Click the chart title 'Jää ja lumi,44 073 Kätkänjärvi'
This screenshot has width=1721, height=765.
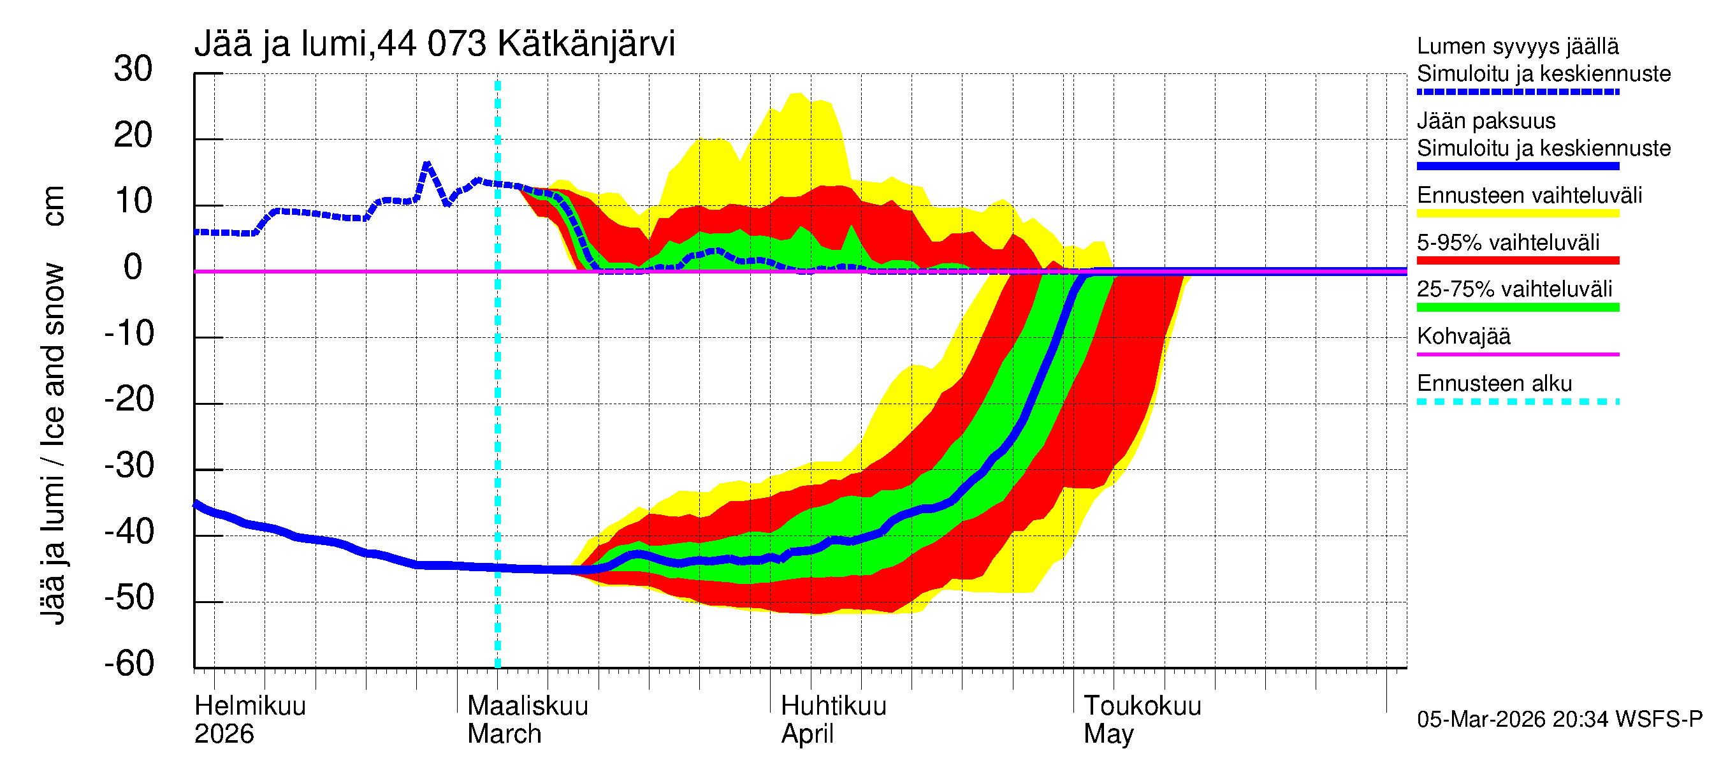click(434, 44)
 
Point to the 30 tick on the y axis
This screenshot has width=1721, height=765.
click(133, 69)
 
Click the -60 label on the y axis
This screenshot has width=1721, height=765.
click(129, 664)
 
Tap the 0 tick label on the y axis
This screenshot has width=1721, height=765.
click(133, 267)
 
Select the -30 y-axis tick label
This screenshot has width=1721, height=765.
click(129, 465)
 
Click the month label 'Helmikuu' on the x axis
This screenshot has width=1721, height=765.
click(250, 706)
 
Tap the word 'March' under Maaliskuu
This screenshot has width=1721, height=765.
click(504, 734)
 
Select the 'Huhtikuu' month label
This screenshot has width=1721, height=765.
click(833, 706)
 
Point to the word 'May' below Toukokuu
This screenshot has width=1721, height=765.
click(1108, 734)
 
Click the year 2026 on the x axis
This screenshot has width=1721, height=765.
click(224, 734)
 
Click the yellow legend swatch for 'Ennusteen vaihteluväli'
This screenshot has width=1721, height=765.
click(1517, 214)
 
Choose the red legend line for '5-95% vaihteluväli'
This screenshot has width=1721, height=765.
click(1517, 261)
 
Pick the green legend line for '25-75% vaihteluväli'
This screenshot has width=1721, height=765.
click(1517, 307)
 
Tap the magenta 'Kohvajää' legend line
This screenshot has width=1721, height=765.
click(1517, 354)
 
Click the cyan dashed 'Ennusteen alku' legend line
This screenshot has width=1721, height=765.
click(1517, 402)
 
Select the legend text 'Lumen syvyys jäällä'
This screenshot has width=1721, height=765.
click(1517, 47)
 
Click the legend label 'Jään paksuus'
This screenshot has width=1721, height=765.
click(1486, 121)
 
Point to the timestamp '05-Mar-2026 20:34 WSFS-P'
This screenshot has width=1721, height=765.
click(1559, 720)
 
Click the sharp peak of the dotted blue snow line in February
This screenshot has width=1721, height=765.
click(427, 164)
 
